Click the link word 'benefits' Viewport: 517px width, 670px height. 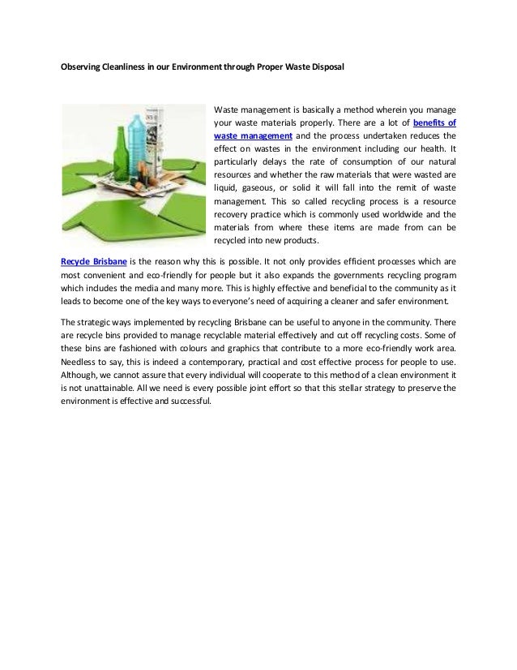435,122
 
